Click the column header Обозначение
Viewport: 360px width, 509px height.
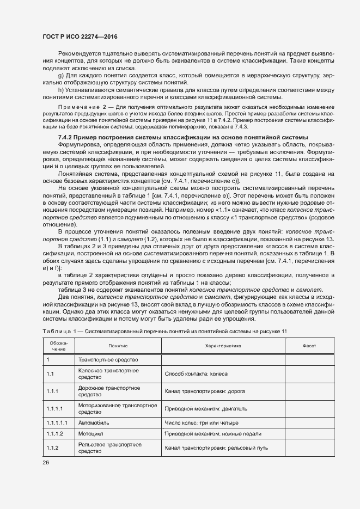tap(59, 346)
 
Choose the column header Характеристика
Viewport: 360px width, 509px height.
tap(219, 346)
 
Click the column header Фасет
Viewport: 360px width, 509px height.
tap(309, 346)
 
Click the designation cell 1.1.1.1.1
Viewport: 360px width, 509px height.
tap(57, 422)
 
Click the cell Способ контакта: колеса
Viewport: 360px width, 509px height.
tap(196, 374)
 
